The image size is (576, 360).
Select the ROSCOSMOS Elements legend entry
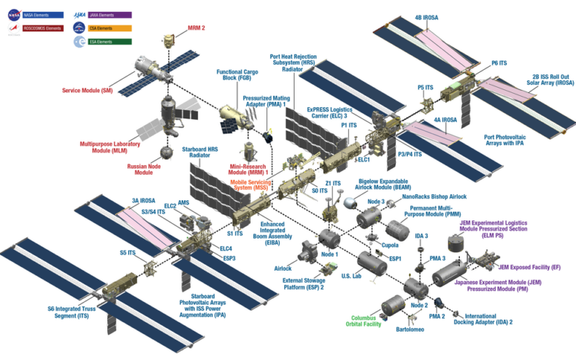(x=43, y=28)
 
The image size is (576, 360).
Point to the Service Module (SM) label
(x=87, y=91)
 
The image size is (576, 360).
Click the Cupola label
(x=390, y=244)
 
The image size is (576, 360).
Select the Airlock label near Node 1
(x=282, y=268)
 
